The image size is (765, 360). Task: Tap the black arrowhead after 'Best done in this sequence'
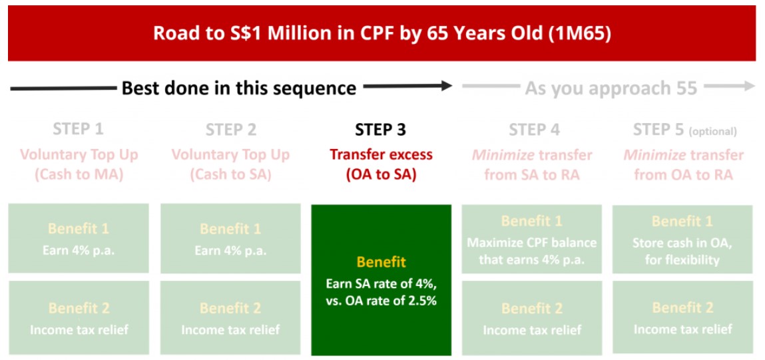pos(446,87)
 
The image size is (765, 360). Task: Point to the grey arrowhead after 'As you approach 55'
pos(749,87)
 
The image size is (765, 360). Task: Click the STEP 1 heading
pos(78,130)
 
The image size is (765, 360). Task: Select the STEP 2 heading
pos(231,130)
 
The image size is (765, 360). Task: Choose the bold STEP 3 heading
pos(381,130)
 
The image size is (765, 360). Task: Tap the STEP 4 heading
pos(534,130)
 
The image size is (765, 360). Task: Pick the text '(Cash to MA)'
pos(78,174)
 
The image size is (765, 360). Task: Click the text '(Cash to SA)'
pos(231,174)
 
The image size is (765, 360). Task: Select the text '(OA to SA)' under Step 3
pos(381,174)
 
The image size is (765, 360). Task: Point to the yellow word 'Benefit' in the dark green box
pos(381,262)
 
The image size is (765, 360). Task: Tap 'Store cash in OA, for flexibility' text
pos(683,252)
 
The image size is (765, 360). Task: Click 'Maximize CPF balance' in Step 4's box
pos(532,242)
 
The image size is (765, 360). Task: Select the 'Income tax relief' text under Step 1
pos(79,330)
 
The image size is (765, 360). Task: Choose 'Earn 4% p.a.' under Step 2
pos(231,251)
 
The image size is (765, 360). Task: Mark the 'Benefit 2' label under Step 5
pos(682,307)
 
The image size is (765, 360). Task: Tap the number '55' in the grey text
pos(687,89)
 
